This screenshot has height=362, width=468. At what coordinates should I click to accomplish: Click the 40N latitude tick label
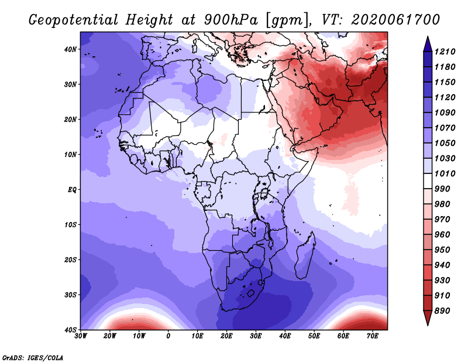[x=70, y=49]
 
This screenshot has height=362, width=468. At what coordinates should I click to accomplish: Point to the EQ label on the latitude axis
[x=72, y=190]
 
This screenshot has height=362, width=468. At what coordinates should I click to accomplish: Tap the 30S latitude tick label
[x=70, y=295]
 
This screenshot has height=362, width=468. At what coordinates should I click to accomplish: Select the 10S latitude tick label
[x=70, y=225]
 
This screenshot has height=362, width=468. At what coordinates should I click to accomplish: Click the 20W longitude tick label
[x=109, y=336]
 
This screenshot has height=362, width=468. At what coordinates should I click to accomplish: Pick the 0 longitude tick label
[x=168, y=336]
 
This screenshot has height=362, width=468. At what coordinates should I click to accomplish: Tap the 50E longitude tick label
[x=314, y=336]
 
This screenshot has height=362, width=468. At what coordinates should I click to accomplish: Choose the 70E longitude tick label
[x=373, y=336]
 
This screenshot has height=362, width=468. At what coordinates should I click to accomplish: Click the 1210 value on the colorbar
[x=445, y=52]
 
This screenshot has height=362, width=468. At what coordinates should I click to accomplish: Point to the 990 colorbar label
[x=442, y=189]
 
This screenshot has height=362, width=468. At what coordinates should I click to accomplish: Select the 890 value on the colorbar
[x=442, y=311]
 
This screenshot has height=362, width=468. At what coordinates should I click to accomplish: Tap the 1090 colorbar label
[x=445, y=112]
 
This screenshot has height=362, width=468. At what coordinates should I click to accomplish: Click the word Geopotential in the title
[x=74, y=20]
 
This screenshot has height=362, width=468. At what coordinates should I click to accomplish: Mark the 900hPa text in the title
[x=230, y=20]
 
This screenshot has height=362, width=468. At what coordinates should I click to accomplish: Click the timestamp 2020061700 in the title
[x=395, y=19]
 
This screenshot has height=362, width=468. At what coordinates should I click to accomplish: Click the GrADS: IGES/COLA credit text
[x=33, y=357]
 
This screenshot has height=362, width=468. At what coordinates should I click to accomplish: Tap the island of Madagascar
[x=305, y=255]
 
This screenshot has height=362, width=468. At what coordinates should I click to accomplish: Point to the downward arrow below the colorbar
[x=428, y=317]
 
